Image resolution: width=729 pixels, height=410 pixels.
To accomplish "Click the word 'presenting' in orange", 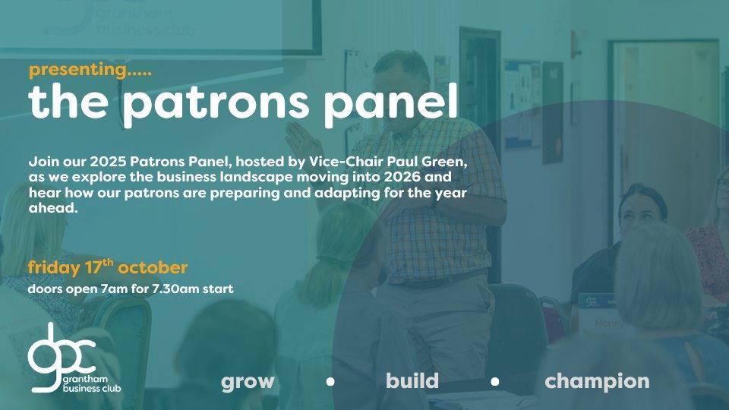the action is [x=78, y=71].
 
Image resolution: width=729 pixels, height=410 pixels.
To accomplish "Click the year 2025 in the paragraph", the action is [x=108, y=162].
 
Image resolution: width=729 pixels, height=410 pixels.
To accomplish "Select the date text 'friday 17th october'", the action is [x=107, y=267].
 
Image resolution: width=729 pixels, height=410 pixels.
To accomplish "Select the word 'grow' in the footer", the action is [x=248, y=382].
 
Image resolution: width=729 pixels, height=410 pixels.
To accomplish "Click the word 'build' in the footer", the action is [x=412, y=380].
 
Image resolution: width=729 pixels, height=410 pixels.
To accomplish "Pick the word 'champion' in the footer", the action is [x=597, y=382].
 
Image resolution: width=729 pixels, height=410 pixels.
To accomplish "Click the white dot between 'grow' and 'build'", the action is [x=330, y=382].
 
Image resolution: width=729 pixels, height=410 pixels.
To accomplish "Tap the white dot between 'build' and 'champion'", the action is [x=495, y=382].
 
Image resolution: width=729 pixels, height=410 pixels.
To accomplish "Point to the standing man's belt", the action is [x=437, y=280].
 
